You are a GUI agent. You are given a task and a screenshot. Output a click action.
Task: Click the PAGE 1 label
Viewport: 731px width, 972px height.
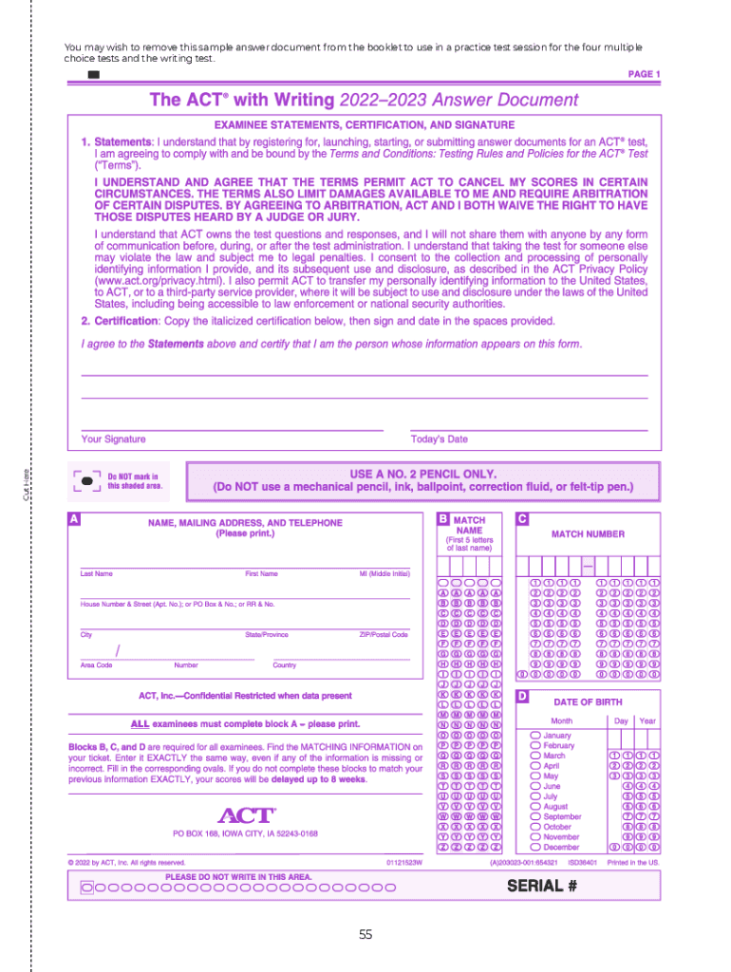coord(644,74)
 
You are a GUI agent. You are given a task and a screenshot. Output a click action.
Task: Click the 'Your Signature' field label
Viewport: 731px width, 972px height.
coord(113,439)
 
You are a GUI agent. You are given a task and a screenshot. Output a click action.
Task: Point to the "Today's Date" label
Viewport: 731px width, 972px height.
coord(439,439)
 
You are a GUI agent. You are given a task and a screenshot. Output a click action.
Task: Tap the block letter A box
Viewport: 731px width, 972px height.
coord(74,519)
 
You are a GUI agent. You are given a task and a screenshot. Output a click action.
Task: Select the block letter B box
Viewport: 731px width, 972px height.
coord(443,519)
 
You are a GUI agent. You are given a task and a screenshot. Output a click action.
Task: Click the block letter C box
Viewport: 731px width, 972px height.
coord(522,519)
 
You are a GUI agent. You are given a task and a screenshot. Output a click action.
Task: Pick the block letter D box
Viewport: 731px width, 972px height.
coord(522,696)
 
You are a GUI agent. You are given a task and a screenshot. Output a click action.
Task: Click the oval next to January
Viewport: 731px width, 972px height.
coord(535,736)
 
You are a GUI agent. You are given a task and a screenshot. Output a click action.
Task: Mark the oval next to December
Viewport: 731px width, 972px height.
coord(535,847)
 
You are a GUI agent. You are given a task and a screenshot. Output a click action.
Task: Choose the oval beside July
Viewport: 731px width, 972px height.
coord(535,796)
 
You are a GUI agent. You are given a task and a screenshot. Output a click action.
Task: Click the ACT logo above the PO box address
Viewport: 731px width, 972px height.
coord(246,815)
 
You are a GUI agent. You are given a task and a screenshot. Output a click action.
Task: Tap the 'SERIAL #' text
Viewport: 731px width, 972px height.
coord(543,887)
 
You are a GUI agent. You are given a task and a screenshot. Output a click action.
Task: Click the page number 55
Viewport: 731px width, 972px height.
coord(365,935)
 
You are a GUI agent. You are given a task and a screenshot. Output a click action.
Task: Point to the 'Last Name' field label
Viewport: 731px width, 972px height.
coord(96,574)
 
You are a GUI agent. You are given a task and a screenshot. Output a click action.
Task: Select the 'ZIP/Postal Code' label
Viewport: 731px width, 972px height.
coord(384,634)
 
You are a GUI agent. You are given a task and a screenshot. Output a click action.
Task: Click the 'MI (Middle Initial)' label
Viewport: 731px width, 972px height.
coord(384,574)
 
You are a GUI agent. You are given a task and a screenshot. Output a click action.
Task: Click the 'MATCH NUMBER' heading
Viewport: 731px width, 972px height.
coord(588,534)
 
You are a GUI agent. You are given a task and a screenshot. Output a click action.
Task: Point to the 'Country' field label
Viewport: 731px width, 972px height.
coord(285,665)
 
